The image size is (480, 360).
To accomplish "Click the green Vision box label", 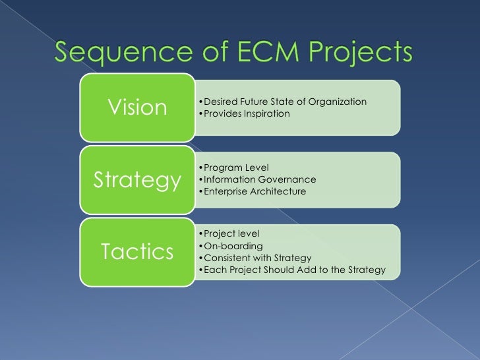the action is pos(136,107).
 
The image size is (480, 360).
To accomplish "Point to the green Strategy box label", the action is pos(136,179).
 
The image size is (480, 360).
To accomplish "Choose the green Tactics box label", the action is pos(136,251).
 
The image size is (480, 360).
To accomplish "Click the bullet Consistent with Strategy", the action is pos(254,258).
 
